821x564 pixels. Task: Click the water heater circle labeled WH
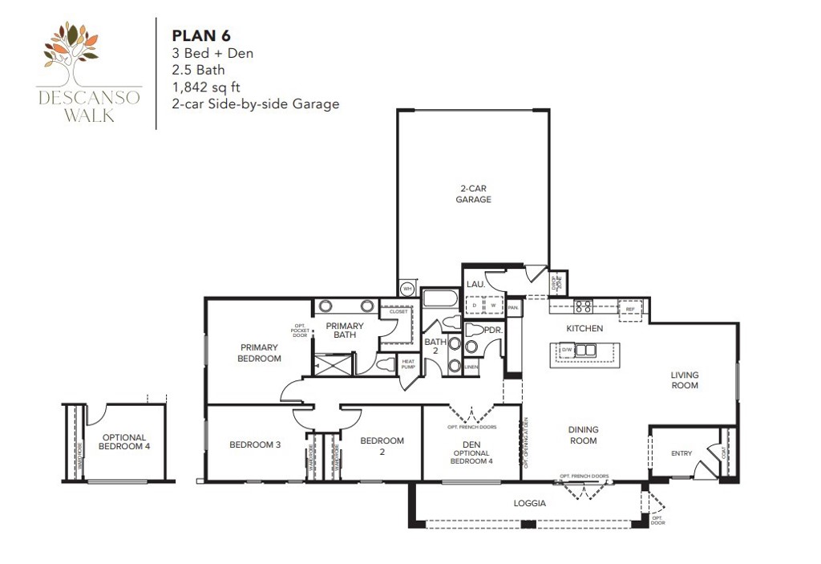tap(407, 289)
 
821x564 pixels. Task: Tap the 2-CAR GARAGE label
tap(473, 193)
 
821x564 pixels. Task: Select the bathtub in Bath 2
tap(440, 299)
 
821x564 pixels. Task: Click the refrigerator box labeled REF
tap(630, 309)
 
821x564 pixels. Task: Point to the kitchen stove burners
tap(583, 306)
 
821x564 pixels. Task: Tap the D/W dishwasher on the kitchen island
tap(567, 350)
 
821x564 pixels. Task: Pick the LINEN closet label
tap(471, 367)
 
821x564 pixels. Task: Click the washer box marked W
tap(493, 306)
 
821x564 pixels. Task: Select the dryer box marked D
tap(476, 306)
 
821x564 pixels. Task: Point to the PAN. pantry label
tap(513, 306)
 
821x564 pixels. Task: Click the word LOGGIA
tap(529, 504)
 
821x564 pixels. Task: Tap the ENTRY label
tap(681, 454)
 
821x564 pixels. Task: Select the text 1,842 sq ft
tap(207, 87)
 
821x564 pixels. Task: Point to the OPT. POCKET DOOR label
tap(300, 331)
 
